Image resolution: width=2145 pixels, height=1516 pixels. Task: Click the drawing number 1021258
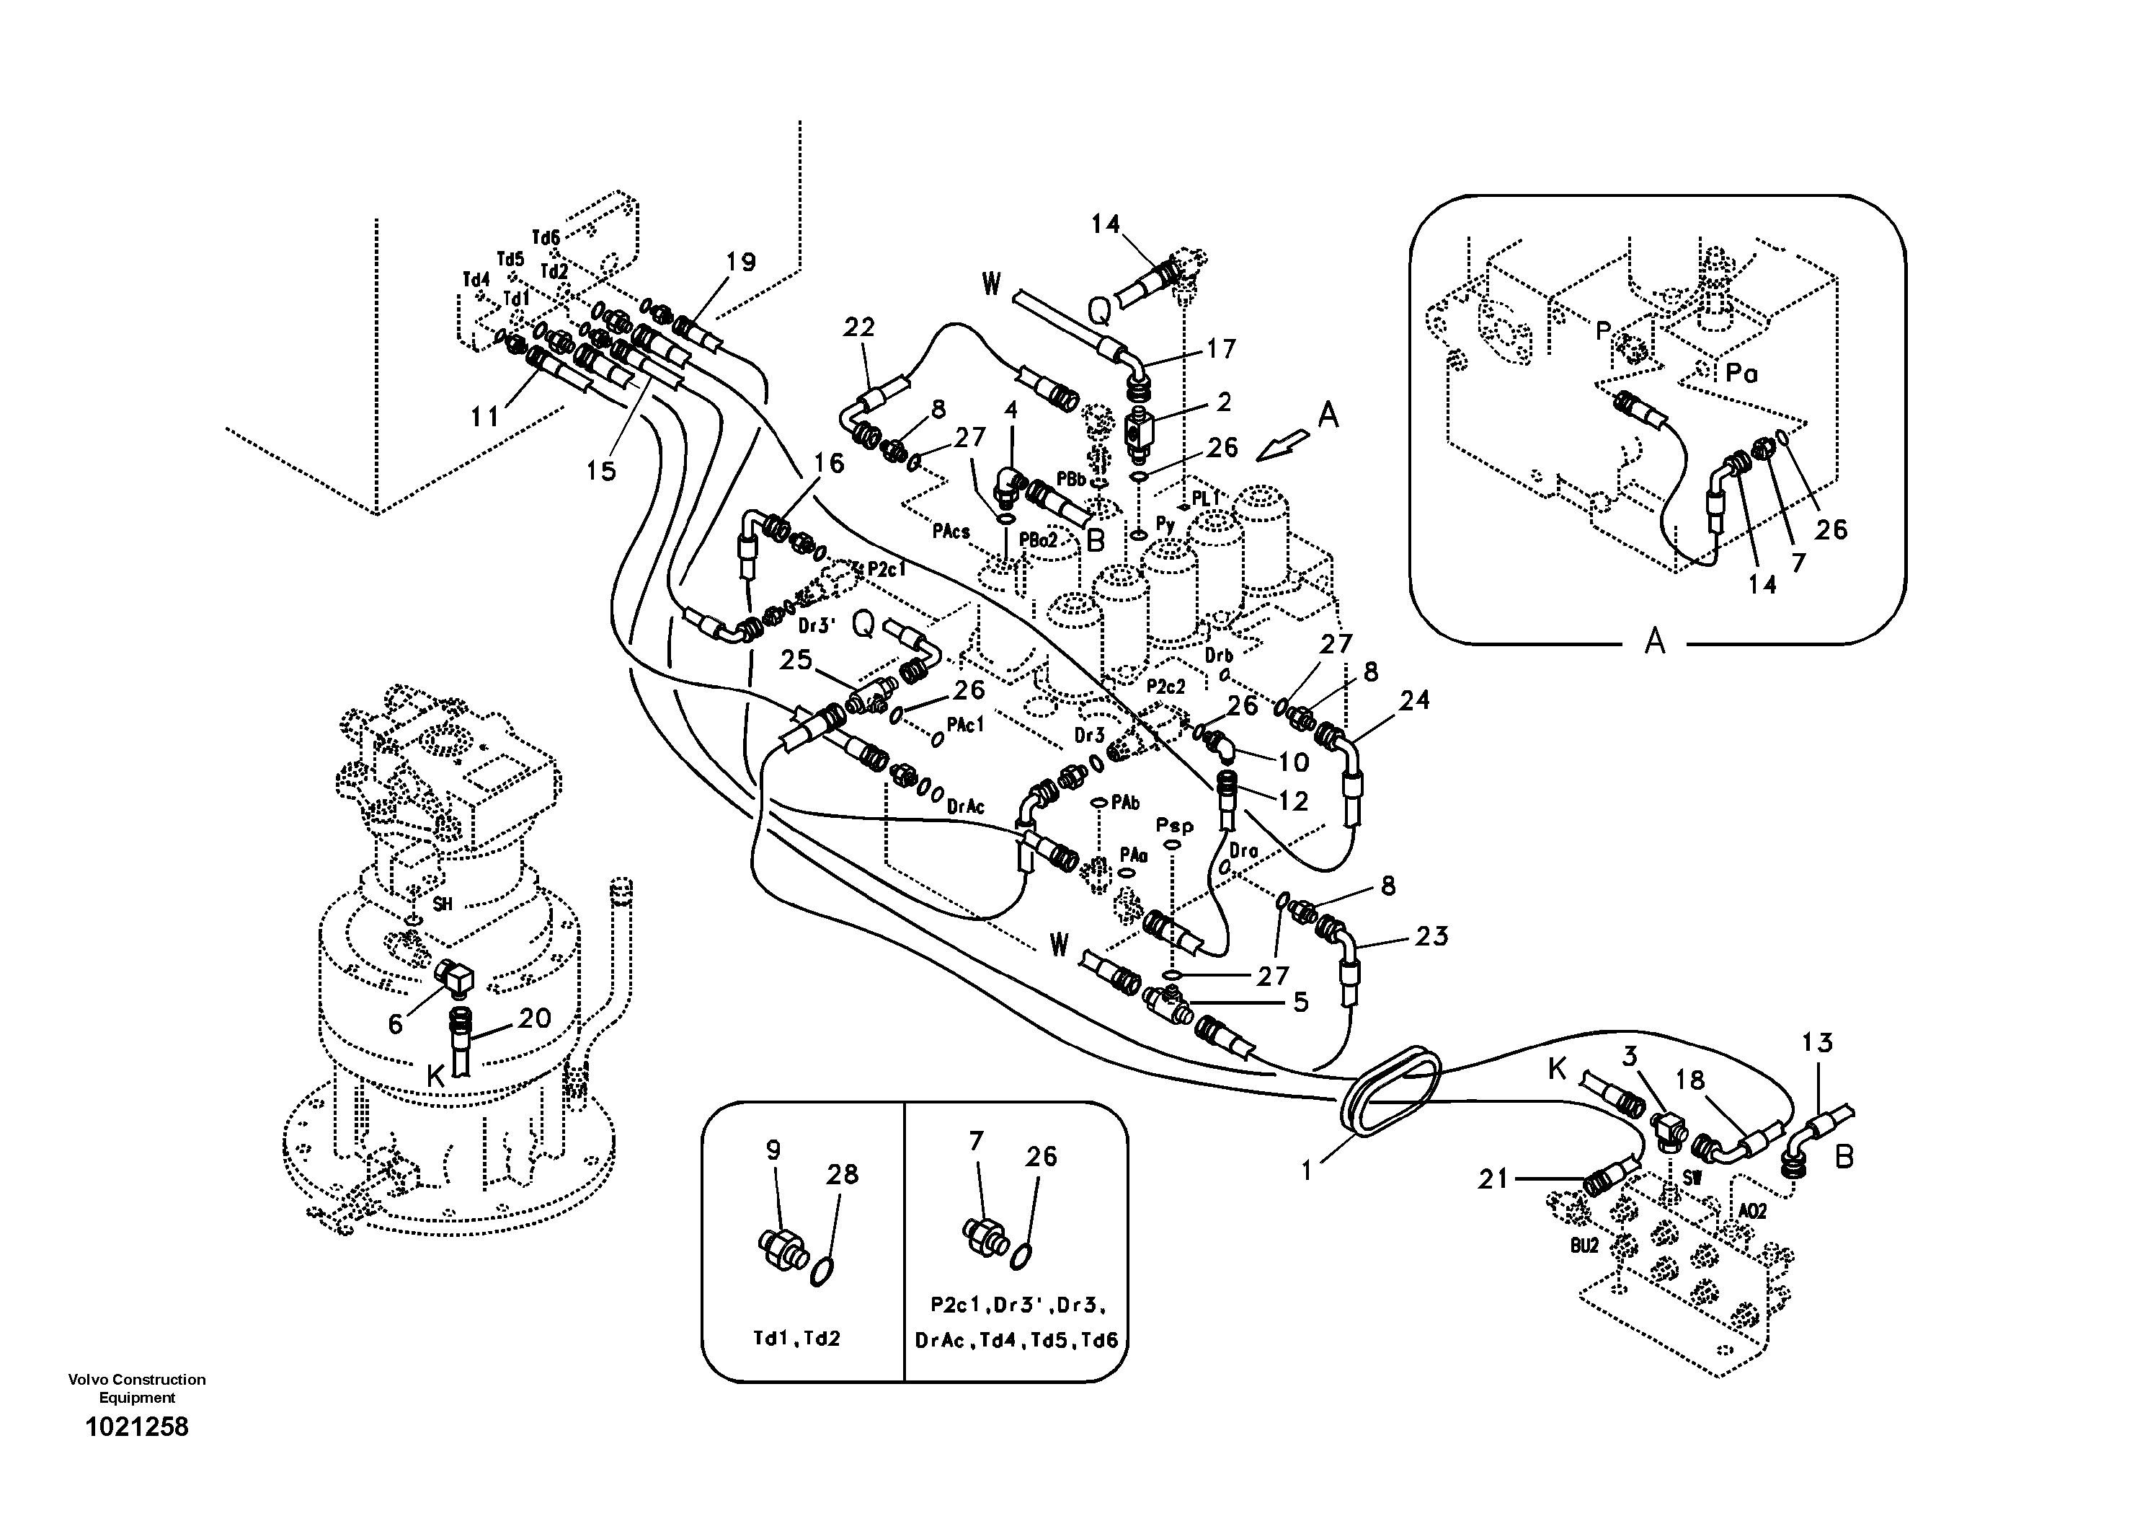tap(136, 1427)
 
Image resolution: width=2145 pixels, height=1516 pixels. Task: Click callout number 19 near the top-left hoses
tap(740, 263)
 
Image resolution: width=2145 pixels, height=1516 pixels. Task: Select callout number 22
tap(858, 327)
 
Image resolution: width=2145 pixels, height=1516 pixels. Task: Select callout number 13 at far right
tap(1817, 1042)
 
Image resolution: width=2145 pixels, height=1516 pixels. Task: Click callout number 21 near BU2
tap(1493, 1179)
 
